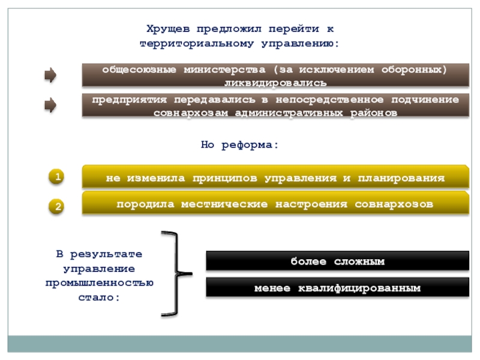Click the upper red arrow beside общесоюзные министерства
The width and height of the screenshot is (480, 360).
tap(51, 76)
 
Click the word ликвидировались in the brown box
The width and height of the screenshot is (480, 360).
tap(275, 82)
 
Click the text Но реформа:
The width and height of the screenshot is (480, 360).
tap(239, 145)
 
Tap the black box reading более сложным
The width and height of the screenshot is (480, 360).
tap(337, 262)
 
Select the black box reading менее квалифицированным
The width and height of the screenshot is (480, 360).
tap(337, 288)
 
